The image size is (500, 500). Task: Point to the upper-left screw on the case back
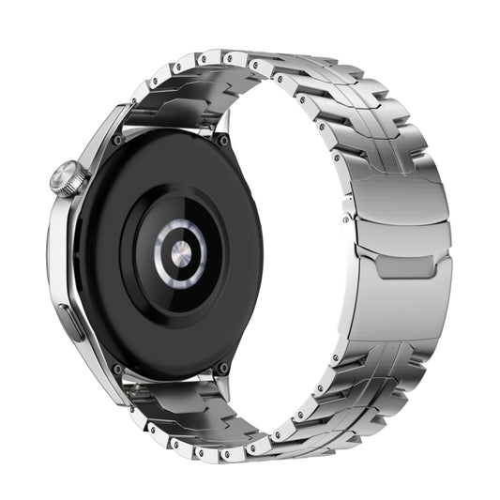click(117, 140)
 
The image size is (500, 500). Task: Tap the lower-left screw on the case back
click(117, 369)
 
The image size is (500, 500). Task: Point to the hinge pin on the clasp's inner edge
click(348, 218)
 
